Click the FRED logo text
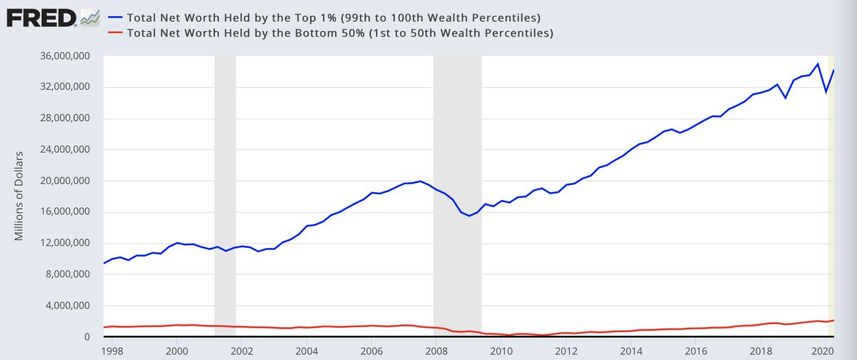point(41,16)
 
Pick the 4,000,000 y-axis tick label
point(69,306)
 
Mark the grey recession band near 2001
point(225,193)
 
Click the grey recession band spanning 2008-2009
point(457,193)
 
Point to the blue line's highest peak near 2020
point(818,64)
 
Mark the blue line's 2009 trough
point(469,216)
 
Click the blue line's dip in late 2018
point(786,97)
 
